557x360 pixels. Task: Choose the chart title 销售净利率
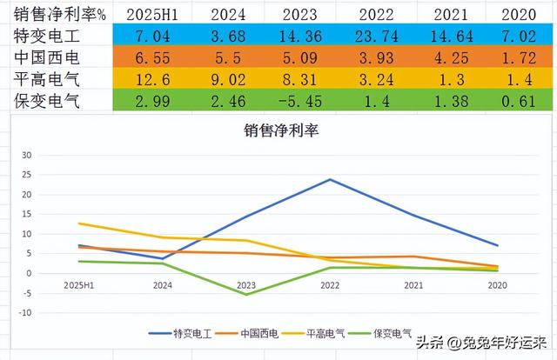[x=278, y=132]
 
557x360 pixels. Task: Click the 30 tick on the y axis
[x=26, y=155]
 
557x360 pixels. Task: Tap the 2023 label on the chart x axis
[x=247, y=284]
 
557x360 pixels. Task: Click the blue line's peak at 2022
[x=331, y=180]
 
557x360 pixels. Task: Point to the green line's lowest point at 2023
[x=247, y=294]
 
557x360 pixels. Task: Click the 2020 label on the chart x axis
[x=497, y=284]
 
